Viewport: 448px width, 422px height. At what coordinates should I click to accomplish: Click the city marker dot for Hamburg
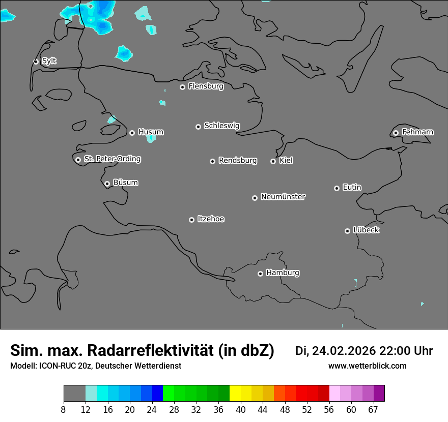point(260,274)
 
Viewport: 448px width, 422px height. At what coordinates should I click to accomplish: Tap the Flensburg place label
point(206,86)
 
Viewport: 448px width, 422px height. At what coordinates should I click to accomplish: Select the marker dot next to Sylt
point(36,62)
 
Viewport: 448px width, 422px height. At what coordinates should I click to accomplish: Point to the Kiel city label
point(286,161)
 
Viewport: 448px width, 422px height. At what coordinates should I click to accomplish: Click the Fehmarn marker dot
point(396,133)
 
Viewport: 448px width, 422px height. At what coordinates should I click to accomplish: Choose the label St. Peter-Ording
point(112,159)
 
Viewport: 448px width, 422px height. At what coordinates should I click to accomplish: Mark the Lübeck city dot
point(347,231)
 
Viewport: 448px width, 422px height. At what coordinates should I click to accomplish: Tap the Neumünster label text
point(283,197)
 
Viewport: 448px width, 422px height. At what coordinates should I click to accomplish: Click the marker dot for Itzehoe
point(191,220)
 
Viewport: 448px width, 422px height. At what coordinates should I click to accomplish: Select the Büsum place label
point(125,183)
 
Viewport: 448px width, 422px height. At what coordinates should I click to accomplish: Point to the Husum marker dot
point(132,133)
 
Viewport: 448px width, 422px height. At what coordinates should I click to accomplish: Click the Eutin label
point(352,188)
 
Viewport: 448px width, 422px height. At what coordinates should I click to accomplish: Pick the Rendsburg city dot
point(212,161)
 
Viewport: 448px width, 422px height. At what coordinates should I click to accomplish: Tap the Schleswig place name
point(222,126)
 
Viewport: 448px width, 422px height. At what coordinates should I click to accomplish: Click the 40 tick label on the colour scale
point(241,409)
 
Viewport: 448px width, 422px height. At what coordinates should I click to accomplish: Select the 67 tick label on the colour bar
point(373,409)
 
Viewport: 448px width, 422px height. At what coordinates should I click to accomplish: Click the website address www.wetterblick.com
point(368,366)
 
